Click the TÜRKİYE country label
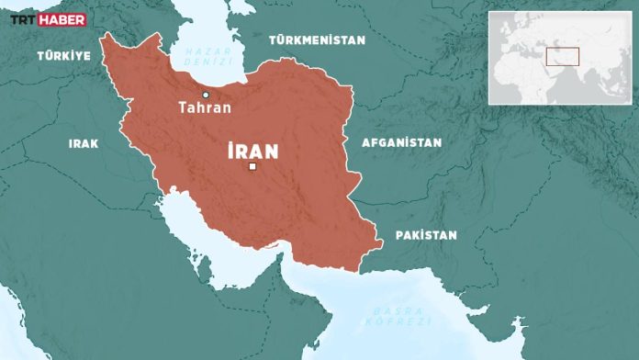pos(63,56)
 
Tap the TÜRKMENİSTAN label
pos(317,40)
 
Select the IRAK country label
pos(84,143)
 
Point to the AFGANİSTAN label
pos(401,142)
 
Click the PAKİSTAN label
pos(426,235)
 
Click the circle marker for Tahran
pos(206,95)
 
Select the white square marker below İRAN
pos(252,167)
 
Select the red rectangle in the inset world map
pos(562,56)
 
